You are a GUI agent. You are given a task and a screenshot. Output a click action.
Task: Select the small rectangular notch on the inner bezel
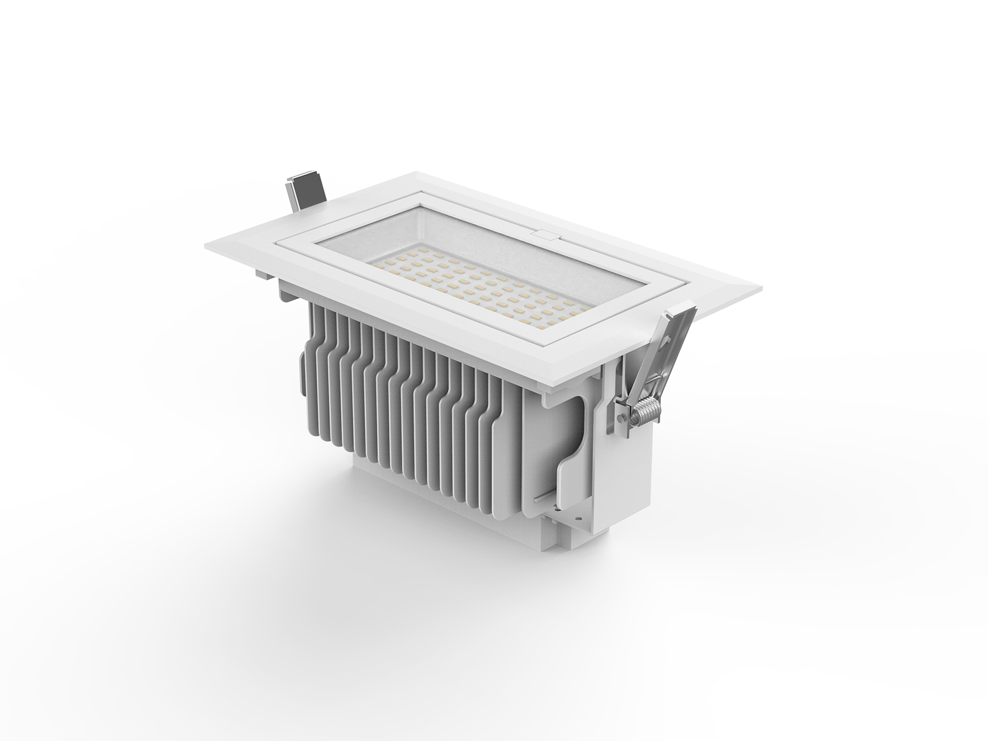(544, 234)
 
